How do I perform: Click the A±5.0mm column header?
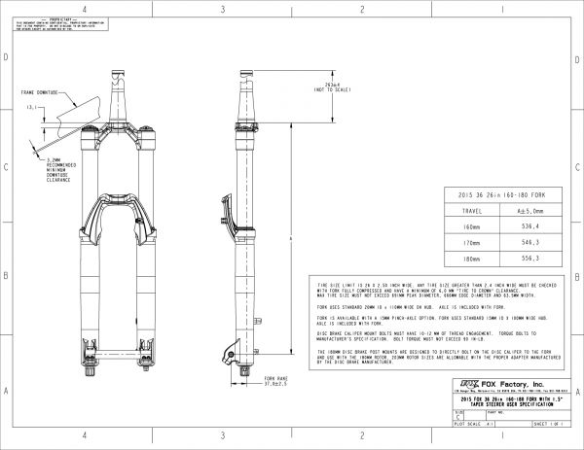click(530, 208)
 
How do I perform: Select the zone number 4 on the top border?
click(86, 8)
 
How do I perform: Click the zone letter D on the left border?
click(8, 58)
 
